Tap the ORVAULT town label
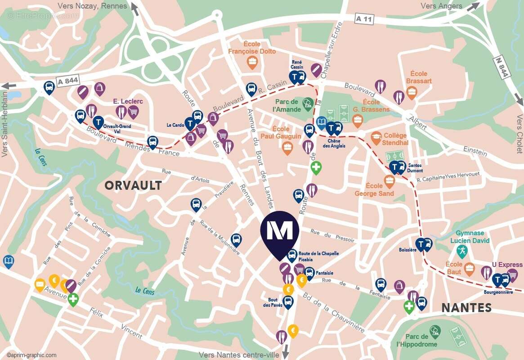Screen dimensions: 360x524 [133, 185]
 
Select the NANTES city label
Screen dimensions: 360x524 [466, 308]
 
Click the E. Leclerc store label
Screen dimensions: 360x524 [128, 101]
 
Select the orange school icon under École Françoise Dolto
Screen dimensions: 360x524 [252, 63]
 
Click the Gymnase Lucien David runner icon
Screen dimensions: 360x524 [462, 251]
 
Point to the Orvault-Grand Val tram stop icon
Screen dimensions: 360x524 [98, 122]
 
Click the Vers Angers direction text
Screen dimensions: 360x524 [441, 6]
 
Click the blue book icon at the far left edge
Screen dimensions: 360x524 [8, 261]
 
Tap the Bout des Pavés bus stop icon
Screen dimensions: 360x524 [288, 302]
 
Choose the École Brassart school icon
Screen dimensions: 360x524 [412, 93]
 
